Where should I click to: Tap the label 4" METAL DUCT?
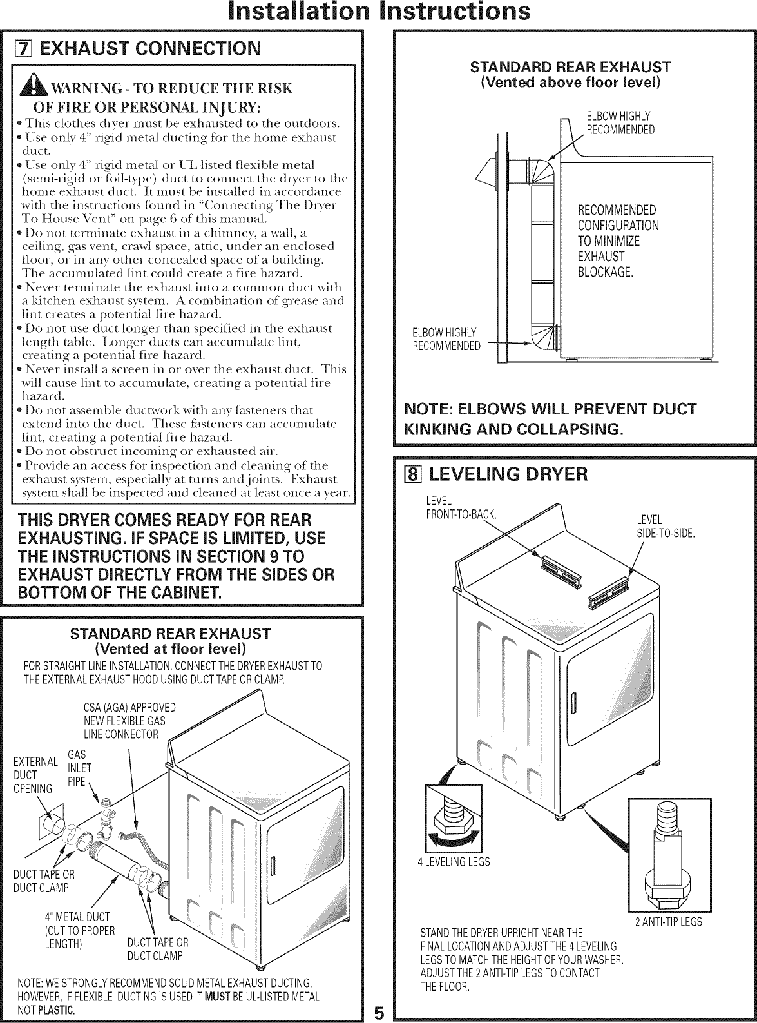[x=77, y=917]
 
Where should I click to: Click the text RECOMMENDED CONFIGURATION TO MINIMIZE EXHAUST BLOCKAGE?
[x=617, y=241]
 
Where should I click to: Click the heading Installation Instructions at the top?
[x=378, y=12]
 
